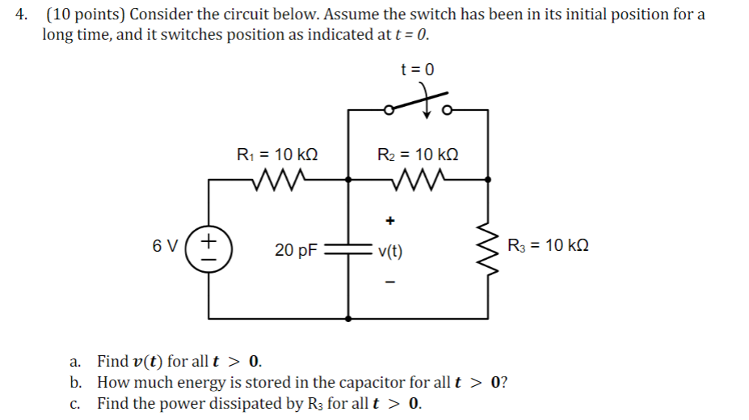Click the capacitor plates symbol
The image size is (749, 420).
point(348,249)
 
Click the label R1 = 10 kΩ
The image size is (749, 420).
point(276,154)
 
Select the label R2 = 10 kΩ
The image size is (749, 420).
point(418,154)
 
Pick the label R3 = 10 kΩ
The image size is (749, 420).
point(548,245)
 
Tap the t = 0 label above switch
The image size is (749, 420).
point(417,70)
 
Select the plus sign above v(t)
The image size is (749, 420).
point(390,219)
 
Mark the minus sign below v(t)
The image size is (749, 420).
point(390,282)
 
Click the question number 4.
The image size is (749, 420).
point(24,15)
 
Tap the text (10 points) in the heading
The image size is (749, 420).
point(85,15)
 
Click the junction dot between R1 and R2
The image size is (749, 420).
point(348,180)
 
